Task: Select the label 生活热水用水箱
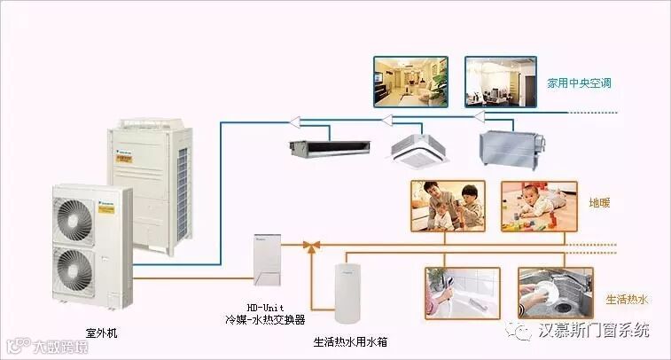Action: coord(350,340)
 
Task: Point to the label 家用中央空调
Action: coord(580,82)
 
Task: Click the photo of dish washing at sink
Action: coord(555,292)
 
